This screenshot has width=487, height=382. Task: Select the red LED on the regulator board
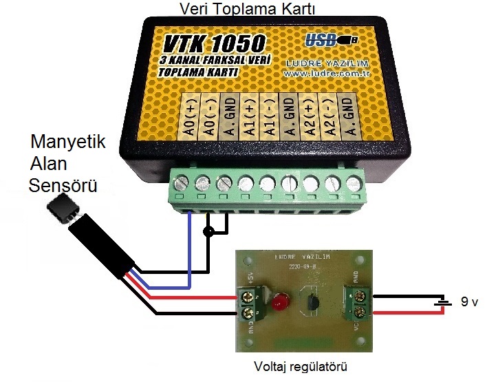[278, 301]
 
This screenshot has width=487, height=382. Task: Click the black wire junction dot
[208, 232]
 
